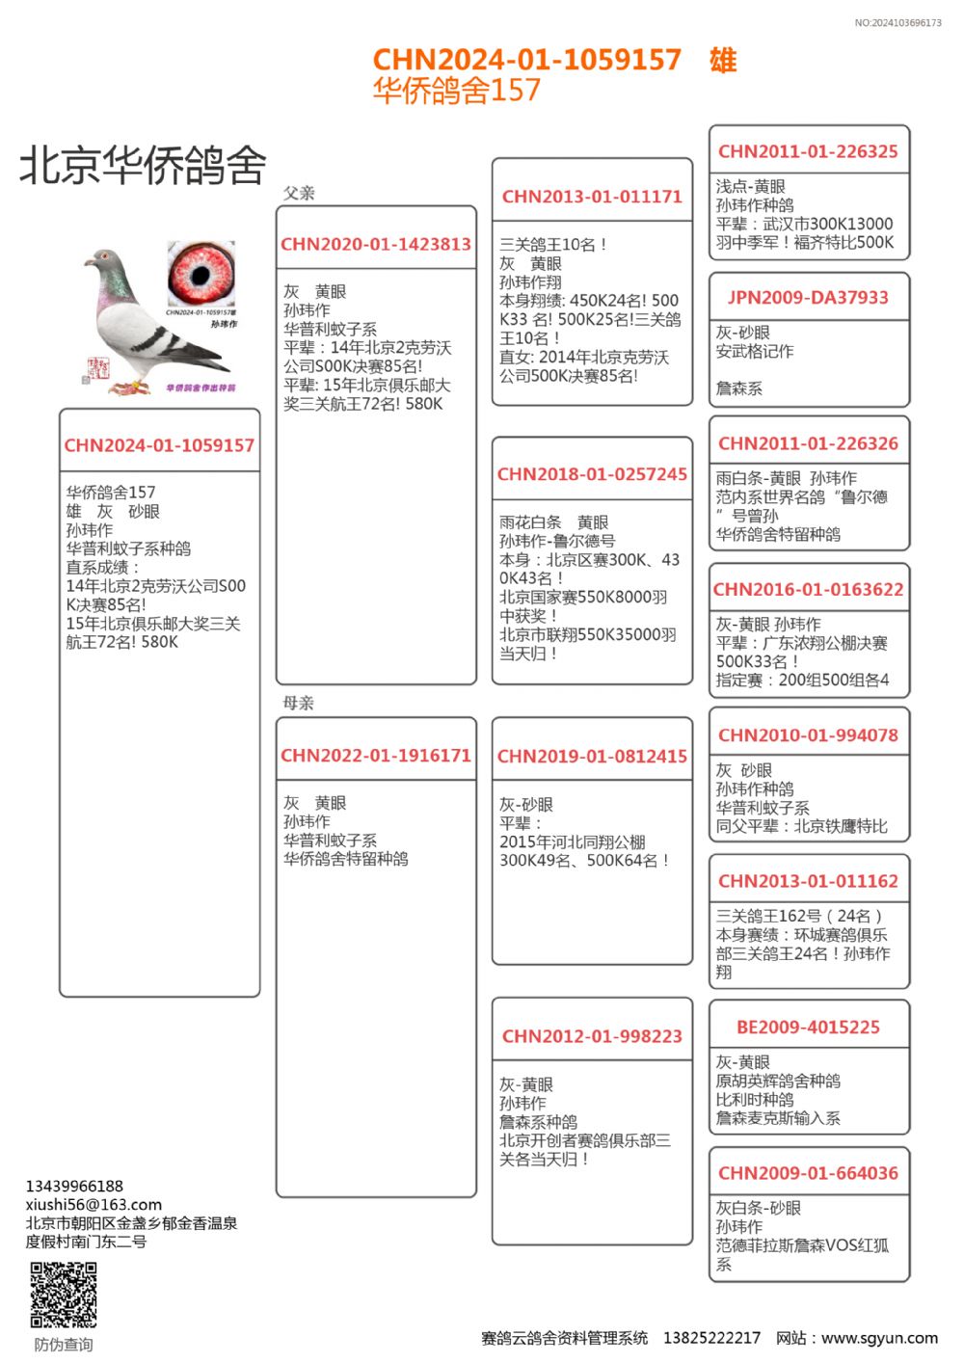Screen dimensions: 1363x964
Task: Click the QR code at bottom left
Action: click(x=64, y=1295)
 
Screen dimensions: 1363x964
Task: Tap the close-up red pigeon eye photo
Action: click(x=201, y=273)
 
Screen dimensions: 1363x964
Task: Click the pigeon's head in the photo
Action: click(x=103, y=261)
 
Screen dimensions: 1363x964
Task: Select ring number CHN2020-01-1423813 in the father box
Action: click(x=376, y=245)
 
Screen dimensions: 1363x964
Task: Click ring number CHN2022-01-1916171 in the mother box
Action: click(x=376, y=756)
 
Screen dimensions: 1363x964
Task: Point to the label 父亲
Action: click(x=299, y=193)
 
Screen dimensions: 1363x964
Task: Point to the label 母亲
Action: click(x=299, y=703)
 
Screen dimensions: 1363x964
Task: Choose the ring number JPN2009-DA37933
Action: click(x=808, y=298)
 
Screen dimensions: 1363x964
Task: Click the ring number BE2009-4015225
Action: click(x=808, y=1028)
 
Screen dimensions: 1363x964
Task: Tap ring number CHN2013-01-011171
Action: click(x=592, y=197)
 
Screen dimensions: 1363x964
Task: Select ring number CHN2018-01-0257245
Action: click(x=592, y=474)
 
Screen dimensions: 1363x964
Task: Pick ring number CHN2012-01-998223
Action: click(x=592, y=1036)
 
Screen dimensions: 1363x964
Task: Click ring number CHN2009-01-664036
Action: click(x=808, y=1173)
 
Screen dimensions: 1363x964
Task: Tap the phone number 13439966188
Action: click(x=74, y=1186)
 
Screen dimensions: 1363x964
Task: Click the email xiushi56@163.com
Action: click(x=94, y=1204)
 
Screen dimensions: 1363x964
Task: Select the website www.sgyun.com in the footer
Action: click(x=879, y=1338)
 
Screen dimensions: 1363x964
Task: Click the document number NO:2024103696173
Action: click(x=897, y=22)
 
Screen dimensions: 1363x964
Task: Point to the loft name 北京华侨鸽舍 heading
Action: click(x=143, y=165)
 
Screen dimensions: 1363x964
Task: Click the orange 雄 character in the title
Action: click(x=723, y=61)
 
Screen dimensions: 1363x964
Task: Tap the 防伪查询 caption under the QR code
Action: click(x=64, y=1345)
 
